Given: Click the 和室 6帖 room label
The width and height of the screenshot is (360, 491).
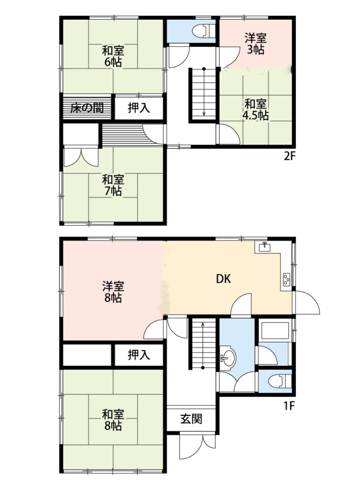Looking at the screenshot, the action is pos(113,56).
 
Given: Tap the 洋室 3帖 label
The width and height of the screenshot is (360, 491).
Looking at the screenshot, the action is pos(255,44).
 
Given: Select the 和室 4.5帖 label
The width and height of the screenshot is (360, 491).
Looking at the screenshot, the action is pos(255,109).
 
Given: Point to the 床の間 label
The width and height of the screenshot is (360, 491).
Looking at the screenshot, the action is pos(87,108).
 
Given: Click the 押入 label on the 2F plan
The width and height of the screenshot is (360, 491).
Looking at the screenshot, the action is pos(139,108).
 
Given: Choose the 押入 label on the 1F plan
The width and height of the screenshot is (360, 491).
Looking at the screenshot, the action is pos(139,355).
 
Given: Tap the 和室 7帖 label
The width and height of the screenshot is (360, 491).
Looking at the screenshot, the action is pos(113,186).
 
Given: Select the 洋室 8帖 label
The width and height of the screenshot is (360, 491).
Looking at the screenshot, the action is pos(113,292).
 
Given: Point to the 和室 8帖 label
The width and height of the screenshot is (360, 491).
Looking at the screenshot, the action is pos(113,420).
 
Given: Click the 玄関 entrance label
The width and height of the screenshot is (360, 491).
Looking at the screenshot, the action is pos(191,419).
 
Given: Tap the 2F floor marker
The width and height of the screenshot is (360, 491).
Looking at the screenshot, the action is pos(289,156).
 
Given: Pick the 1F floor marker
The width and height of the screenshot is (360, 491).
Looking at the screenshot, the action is pos(289,406).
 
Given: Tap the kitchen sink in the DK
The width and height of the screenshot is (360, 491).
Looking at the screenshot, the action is pos(265,247).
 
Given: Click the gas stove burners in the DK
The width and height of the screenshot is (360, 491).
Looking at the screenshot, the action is pos(286,280).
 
